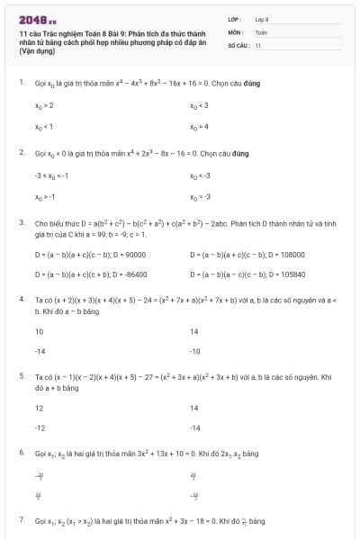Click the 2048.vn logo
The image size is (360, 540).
pos(37,19)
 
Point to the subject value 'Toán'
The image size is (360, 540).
pos(261,31)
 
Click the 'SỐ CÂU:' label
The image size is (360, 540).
pos(238,44)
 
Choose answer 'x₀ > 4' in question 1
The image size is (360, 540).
pos(200,127)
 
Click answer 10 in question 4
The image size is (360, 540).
pos(39,331)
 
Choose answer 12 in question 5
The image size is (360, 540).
pos(39,408)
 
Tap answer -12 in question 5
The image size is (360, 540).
pos(40,427)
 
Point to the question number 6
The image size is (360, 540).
pos(21,452)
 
